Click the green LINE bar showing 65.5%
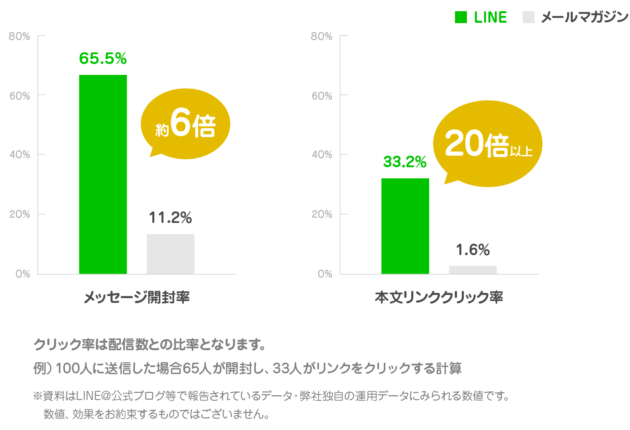(x=103, y=173)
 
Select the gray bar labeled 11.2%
(x=171, y=253)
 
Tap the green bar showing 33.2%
(x=405, y=225)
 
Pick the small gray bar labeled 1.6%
(x=473, y=269)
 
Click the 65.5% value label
(x=103, y=58)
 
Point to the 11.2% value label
(x=170, y=217)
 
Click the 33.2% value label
(x=405, y=161)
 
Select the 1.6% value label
(x=473, y=250)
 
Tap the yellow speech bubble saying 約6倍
(x=185, y=124)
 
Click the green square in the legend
(x=461, y=17)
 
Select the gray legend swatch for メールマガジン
(x=530, y=17)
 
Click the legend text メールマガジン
(x=577, y=17)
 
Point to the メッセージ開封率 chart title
(x=138, y=298)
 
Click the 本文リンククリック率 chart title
(x=439, y=298)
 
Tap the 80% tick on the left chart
(x=19, y=36)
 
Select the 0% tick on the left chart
(x=22, y=274)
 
